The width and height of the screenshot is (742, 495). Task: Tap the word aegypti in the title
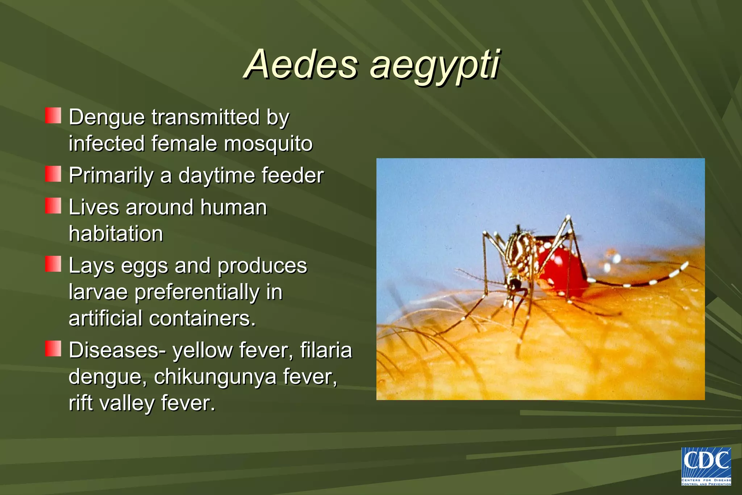pos(435,65)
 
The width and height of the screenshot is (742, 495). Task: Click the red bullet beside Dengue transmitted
pos(53,116)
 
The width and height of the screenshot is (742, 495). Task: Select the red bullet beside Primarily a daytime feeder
pos(53,174)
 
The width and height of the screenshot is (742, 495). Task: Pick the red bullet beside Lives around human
pos(53,206)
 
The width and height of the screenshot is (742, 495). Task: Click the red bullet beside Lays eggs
pos(53,264)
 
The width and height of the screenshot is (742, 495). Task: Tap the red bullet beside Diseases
pos(53,349)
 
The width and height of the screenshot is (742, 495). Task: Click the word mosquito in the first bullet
pos(268,143)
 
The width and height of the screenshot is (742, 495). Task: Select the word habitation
pos(116,233)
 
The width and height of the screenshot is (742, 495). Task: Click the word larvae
pos(98,292)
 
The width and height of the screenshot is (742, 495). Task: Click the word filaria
pos(326,350)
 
